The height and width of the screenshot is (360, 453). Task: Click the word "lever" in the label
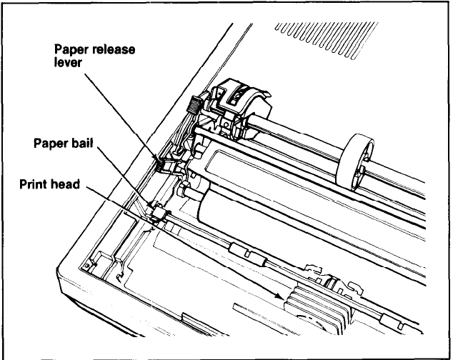68,62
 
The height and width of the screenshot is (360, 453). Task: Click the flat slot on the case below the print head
250,309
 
